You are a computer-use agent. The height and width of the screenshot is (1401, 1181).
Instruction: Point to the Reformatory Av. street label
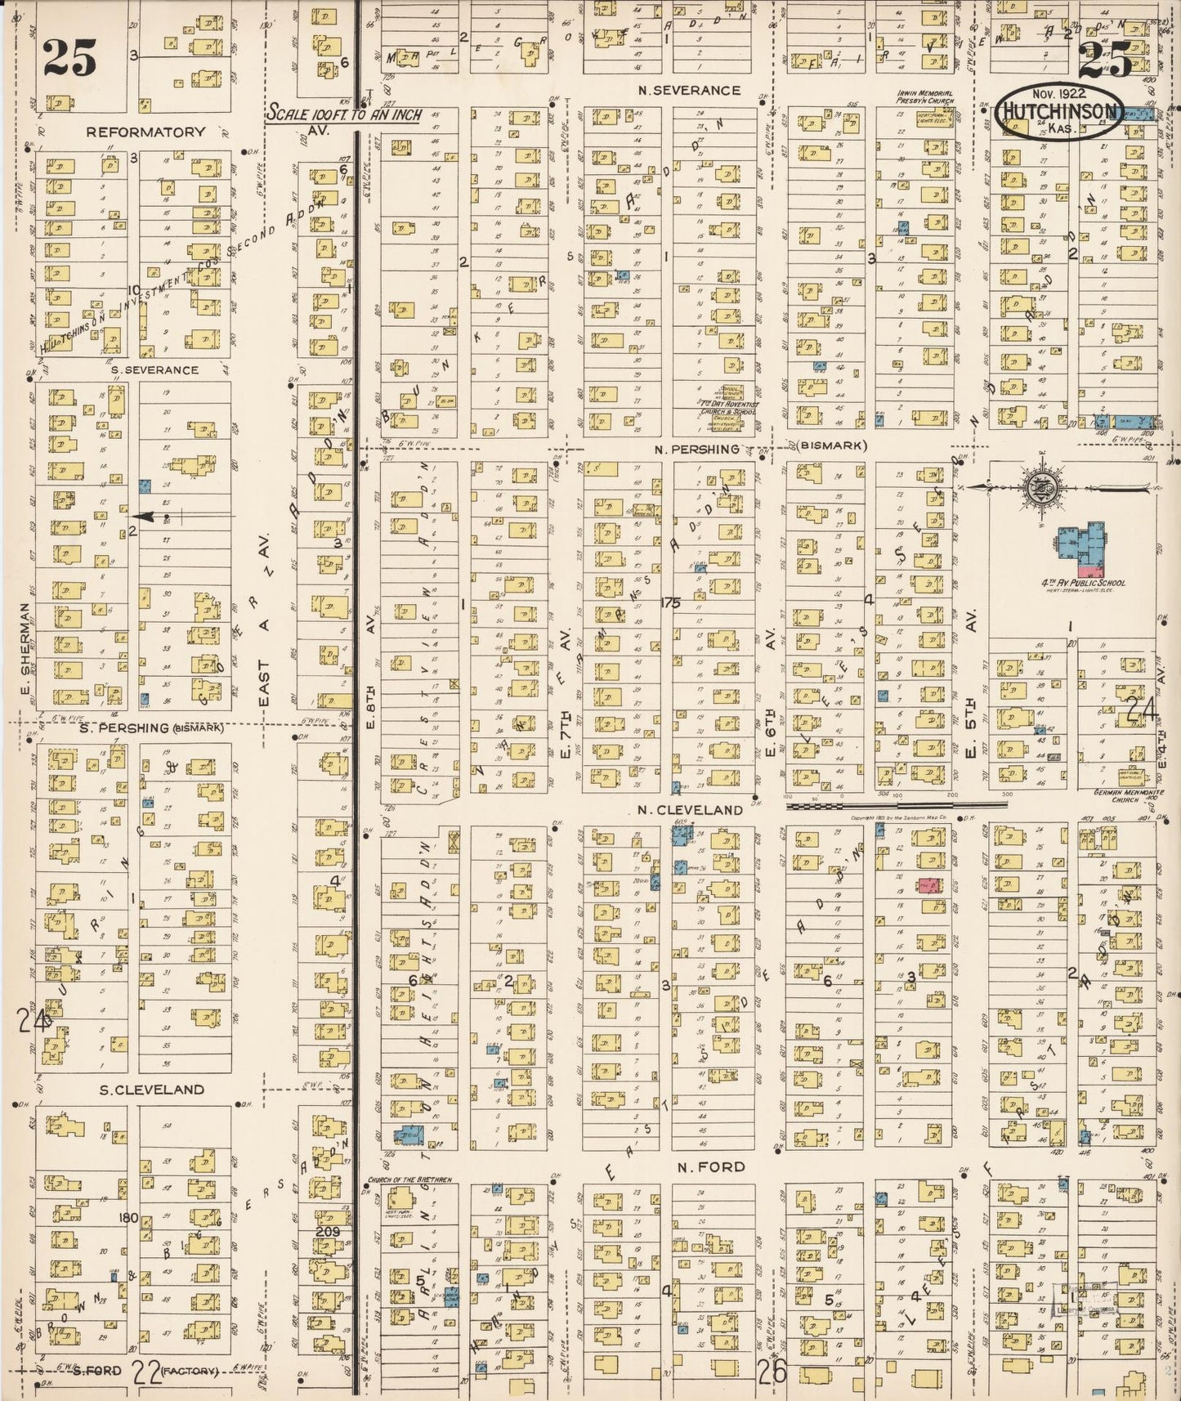pos(145,131)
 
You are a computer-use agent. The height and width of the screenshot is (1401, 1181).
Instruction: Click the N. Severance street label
pos(690,90)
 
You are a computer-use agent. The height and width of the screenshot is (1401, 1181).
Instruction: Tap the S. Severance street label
pos(154,369)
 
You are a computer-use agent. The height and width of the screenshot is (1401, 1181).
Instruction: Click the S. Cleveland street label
pos(152,1090)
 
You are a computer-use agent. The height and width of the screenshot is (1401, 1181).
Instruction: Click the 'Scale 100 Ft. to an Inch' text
pos(343,114)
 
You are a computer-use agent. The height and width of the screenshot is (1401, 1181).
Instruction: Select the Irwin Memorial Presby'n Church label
pos(924,97)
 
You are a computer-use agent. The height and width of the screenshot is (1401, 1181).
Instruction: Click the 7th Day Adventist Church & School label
pos(728,405)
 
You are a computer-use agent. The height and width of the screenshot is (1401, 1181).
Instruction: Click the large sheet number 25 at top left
pos(69,57)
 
